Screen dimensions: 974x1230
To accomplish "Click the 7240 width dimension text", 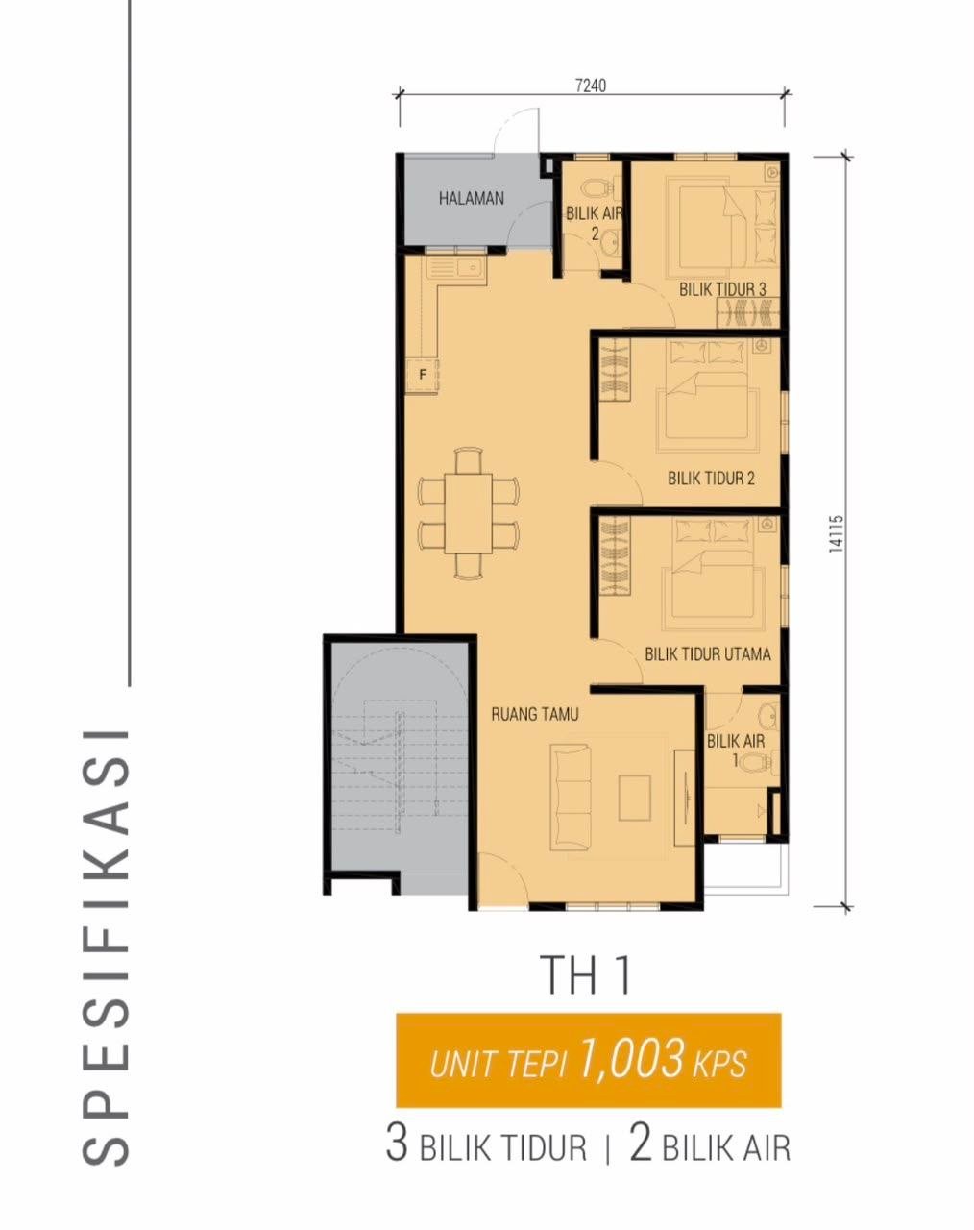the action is point(591,86).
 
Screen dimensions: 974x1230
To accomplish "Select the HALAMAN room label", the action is point(472,198).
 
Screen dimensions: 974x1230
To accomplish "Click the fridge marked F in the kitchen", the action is point(423,376).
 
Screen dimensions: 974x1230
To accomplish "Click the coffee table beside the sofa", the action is point(634,798).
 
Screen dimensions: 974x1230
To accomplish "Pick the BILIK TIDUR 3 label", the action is point(722,289).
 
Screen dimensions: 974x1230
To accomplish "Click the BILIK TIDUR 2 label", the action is point(711,478).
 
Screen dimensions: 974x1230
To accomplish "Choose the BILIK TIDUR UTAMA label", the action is point(708,653).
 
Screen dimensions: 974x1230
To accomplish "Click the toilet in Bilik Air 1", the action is point(758,761).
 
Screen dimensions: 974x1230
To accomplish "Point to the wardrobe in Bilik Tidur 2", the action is point(615,370).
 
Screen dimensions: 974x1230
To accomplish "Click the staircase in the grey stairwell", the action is point(387,775).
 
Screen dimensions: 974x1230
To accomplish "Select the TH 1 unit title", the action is point(588,975).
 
